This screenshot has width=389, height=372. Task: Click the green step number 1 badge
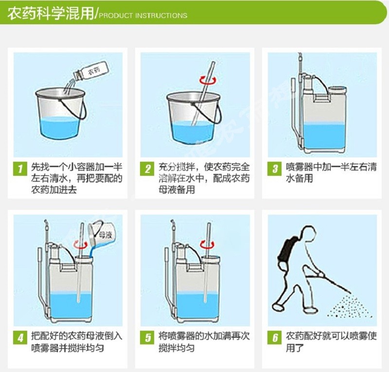[x=20, y=169]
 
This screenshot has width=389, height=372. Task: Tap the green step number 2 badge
[x=147, y=169]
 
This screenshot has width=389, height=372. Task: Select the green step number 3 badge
[x=274, y=169]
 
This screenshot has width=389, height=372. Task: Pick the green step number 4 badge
[x=20, y=338]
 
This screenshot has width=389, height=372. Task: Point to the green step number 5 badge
[x=147, y=338]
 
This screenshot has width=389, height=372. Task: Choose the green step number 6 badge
[x=274, y=338]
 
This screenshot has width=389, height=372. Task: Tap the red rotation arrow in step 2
[x=209, y=80]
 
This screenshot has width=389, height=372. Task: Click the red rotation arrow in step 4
[x=80, y=245]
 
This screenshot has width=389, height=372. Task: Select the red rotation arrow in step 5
[x=207, y=244]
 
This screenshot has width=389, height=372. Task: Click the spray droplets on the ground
[x=350, y=306]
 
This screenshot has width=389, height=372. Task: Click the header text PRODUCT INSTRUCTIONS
[x=143, y=16]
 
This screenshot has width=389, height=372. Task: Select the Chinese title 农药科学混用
[x=51, y=14]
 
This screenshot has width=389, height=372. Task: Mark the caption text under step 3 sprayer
[x=332, y=172]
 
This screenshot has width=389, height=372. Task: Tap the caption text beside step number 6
[x=332, y=342]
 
